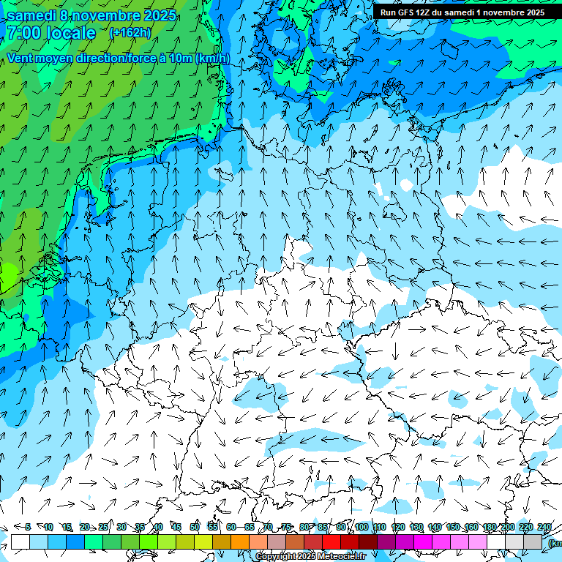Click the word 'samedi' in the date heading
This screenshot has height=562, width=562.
point(32,15)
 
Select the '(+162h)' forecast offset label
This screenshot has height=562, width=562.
point(130,32)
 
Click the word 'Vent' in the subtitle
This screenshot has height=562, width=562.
point(21,58)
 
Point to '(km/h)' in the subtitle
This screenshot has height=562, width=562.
point(212,58)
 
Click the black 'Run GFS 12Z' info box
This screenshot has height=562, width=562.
point(462,12)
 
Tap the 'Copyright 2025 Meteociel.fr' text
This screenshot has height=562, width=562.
point(310,556)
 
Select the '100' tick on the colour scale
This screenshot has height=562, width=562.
point(361,527)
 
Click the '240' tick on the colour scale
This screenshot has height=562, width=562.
point(544,527)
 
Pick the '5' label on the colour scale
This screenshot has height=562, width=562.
point(28,527)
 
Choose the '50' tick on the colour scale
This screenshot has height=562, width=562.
point(195,527)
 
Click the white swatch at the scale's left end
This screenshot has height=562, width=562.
point(20,542)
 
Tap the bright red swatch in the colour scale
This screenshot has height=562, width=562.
point(331,542)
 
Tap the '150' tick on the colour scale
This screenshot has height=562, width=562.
point(453,527)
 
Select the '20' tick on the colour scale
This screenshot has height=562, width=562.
point(85,527)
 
